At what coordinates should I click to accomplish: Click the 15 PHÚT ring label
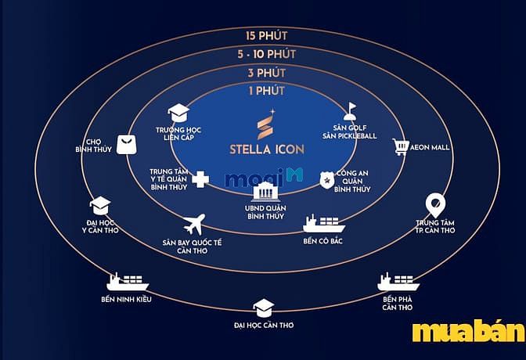tap(267, 35)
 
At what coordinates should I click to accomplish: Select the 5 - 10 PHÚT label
tap(267, 54)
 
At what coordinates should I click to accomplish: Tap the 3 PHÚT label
tap(267, 73)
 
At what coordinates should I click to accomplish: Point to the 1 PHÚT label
tap(267, 91)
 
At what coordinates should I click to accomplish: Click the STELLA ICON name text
tap(267, 149)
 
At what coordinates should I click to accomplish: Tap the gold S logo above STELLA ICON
tap(266, 124)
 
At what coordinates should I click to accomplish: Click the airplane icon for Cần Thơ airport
tap(194, 225)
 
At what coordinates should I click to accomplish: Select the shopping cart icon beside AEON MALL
tap(401, 147)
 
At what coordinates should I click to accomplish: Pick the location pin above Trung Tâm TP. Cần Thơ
tap(435, 205)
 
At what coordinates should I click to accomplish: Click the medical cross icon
tap(200, 179)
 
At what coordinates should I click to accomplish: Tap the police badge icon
tap(326, 180)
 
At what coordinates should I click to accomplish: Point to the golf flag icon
tap(350, 111)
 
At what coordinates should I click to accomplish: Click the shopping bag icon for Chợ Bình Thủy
tap(127, 145)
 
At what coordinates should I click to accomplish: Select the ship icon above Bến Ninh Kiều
tap(128, 282)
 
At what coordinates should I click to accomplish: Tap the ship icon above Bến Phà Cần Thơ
tap(398, 282)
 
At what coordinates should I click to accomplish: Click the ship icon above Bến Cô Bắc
tap(324, 224)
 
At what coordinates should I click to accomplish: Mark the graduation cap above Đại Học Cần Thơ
tap(264, 308)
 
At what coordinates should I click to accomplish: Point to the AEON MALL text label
tap(430, 147)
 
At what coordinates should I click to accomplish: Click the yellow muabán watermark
tap(469, 332)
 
